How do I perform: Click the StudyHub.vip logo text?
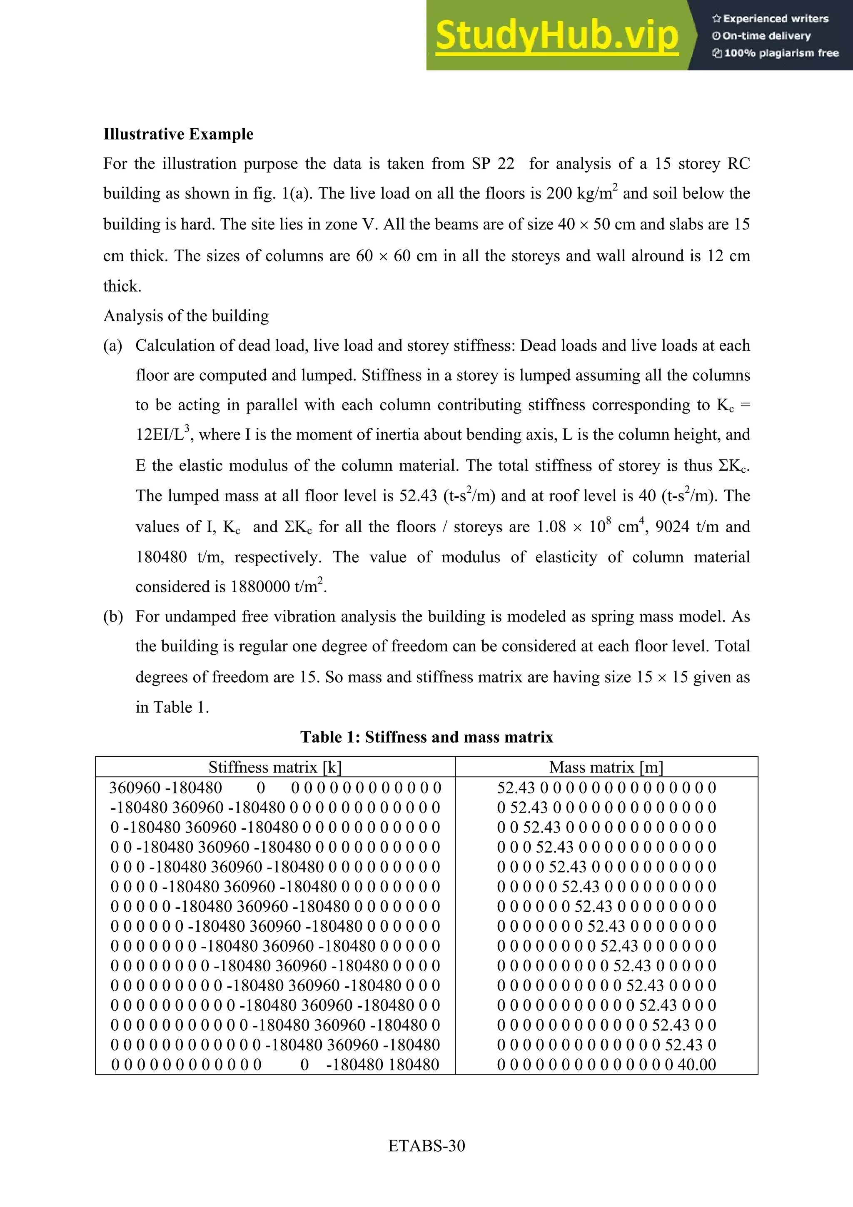click(x=556, y=36)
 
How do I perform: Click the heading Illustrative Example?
click(x=178, y=134)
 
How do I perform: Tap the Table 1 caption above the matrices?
click(x=426, y=737)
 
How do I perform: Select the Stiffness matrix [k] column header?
click(x=275, y=768)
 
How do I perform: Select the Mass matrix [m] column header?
click(x=606, y=768)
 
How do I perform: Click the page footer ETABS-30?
click(x=426, y=1145)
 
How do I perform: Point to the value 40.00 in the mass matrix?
click(x=696, y=1065)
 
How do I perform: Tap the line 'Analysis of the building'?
click(x=186, y=316)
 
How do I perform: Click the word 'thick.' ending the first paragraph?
click(x=122, y=287)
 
